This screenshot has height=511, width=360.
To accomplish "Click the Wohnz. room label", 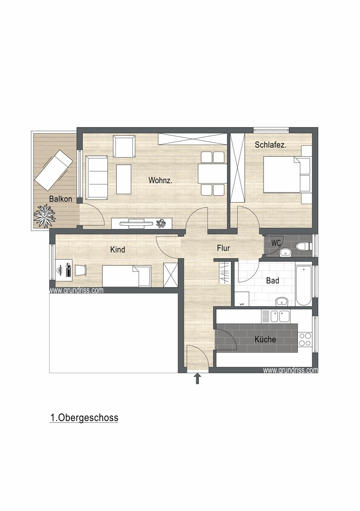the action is coord(160,180).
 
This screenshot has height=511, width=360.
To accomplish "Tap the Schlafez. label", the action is coord(271,145).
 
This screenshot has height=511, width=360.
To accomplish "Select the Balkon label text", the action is coord(60,199).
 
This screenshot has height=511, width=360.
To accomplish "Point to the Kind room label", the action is coord(118,250).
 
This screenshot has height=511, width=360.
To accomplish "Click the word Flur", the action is coord(223,248).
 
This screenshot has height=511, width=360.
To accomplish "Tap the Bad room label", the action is coord(273,280).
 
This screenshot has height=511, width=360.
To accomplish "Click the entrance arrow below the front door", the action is coord(197,379).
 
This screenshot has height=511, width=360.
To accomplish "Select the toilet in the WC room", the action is coord(304,246).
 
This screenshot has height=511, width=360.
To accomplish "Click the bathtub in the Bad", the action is coord(304,285).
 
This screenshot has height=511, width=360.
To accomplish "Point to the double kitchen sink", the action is coord(276,316).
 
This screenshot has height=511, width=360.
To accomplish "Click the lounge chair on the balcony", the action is coord(54,170).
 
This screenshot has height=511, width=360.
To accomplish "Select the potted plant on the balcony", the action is coord(44,216).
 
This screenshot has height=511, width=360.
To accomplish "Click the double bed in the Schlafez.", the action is coord(288,174).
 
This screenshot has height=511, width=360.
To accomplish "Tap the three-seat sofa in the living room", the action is coord(97,178).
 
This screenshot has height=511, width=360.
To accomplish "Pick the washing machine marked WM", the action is coord(242,299).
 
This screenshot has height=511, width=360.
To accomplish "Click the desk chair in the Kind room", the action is coord(81,270).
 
